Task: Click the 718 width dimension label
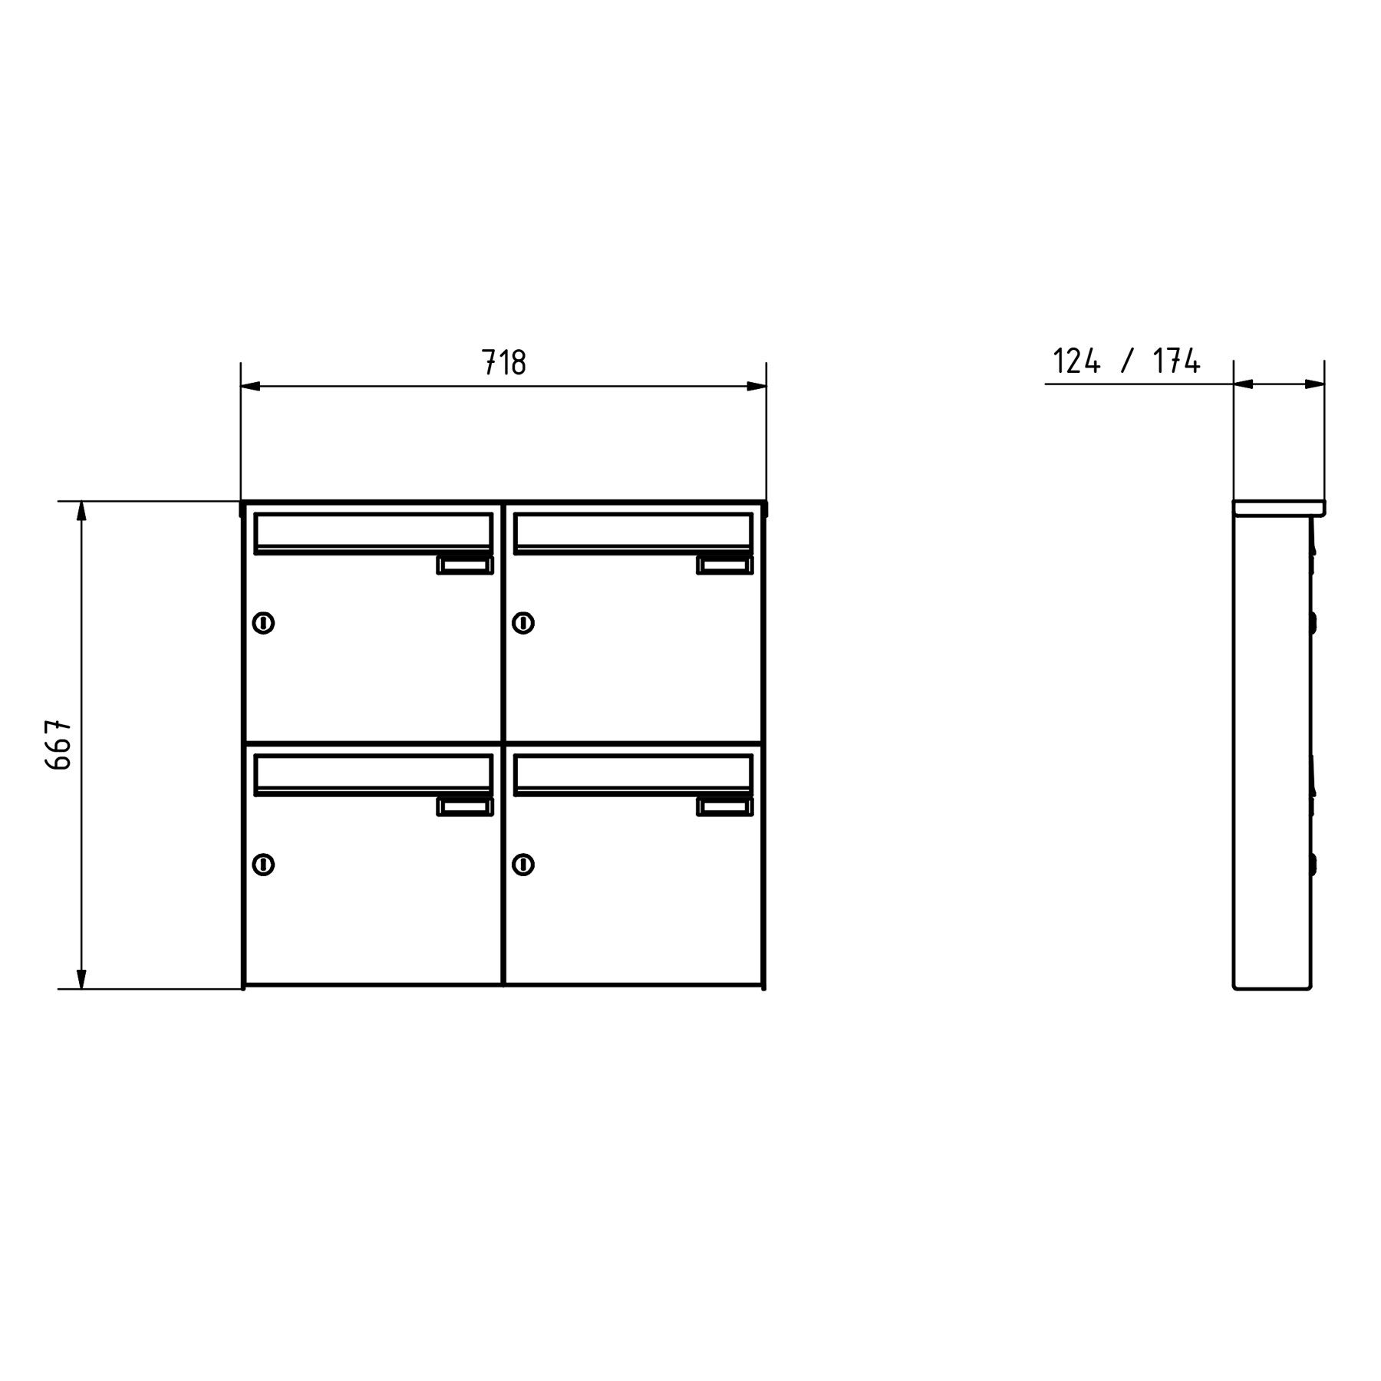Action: pyautogui.click(x=503, y=361)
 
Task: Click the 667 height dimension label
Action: pyautogui.click(x=59, y=744)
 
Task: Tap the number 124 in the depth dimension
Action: pyautogui.click(x=1076, y=361)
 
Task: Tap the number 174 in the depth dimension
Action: pyautogui.click(x=1176, y=361)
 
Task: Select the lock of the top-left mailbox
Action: pyautogui.click(x=263, y=623)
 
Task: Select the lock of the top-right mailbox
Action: pyautogui.click(x=523, y=623)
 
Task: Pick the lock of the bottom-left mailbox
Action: pyautogui.click(x=263, y=865)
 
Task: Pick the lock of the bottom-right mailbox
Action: pyautogui.click(x=523, y=865)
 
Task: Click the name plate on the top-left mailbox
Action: pyautogui.click(x=465, y=565)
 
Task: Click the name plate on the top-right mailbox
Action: pyautogui.click(x=725, y=565)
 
